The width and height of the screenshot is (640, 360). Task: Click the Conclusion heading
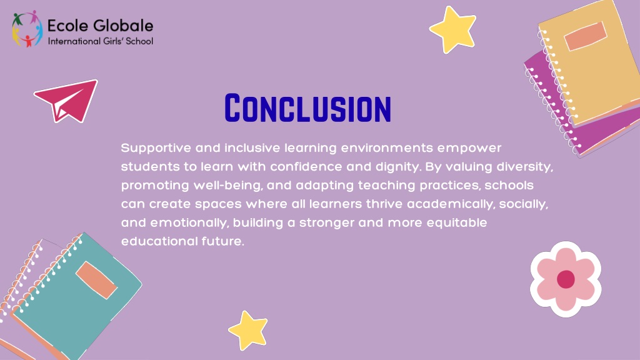(307, 107)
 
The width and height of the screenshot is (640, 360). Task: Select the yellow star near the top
(452, 29)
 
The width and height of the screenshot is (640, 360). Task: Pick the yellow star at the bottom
(248, 330)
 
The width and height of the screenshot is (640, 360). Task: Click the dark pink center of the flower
(566, 279)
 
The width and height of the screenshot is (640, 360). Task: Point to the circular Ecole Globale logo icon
(27, 29)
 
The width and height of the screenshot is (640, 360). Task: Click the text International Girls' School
(101, 41)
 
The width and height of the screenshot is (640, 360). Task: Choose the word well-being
(227, 186)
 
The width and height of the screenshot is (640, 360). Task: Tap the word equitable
(457, 223)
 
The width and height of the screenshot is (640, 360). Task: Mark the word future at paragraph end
(223, 241)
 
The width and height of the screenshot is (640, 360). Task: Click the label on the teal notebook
(96, 280)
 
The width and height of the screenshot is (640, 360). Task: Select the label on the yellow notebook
(585, 36)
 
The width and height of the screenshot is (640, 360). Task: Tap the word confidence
(306, 166)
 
